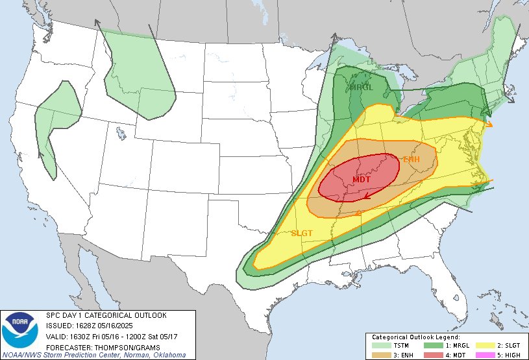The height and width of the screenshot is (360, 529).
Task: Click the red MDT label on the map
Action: (362, 179)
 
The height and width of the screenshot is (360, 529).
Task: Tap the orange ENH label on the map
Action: (412, 159)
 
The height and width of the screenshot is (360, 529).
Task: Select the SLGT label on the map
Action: (302, 233)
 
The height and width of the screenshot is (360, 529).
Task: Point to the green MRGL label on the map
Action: (362, 88)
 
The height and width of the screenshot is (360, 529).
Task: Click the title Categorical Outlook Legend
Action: (415, 337)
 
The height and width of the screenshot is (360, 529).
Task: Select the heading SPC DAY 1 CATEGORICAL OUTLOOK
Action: (106, 315)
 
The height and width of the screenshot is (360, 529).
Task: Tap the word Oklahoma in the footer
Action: (167, 355)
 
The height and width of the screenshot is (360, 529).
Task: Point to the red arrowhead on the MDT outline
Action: (367, 194)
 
